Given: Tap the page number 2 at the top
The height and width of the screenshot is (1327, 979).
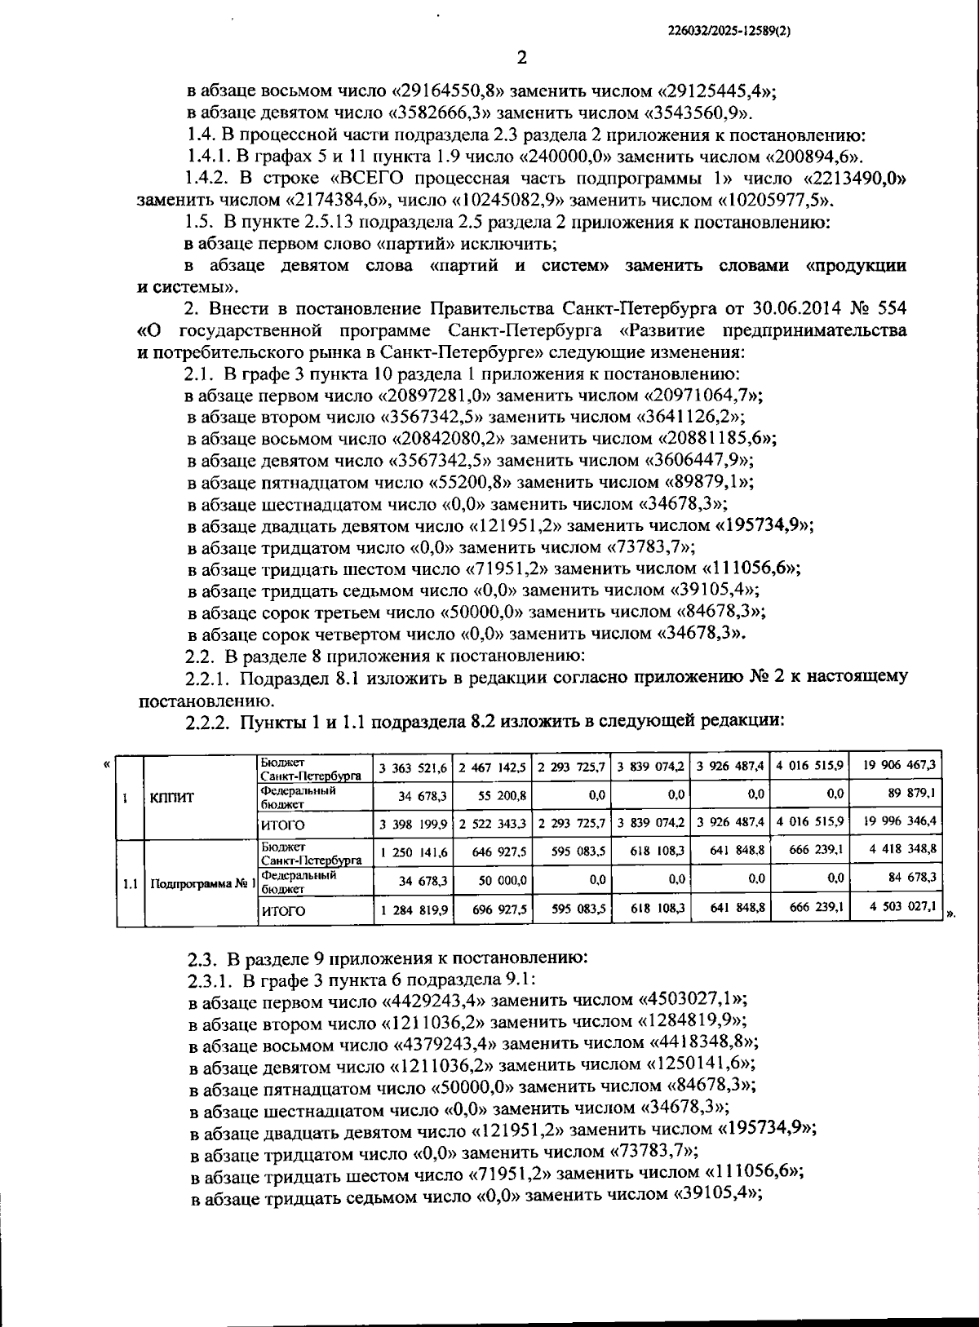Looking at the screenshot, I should click(x=522, y=58).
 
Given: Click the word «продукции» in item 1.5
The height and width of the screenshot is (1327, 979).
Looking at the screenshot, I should click(x=855, y=266).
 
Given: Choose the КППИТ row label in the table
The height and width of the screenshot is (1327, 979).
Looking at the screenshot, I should click(x=171, y=798).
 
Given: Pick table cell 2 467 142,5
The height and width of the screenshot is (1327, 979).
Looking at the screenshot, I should click(x=492, y=767).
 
